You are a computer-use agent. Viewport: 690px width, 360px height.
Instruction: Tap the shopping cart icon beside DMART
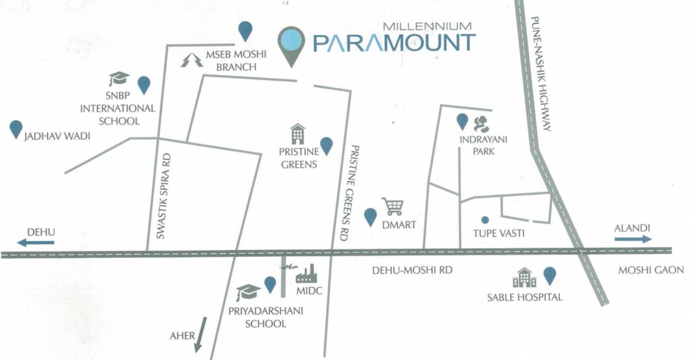[393, 207]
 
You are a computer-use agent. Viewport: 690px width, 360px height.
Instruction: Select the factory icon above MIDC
[306, 274]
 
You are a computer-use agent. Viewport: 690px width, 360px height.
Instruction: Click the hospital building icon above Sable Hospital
[524, 278]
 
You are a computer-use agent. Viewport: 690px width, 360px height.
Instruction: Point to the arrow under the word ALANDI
[633, 239]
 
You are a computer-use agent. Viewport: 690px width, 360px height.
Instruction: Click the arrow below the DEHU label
[36, 242]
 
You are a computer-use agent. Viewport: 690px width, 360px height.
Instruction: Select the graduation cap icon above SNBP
[119, 79]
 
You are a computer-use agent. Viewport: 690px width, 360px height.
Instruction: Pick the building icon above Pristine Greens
[298, 134]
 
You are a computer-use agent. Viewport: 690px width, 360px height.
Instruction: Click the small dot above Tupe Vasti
[484, 220]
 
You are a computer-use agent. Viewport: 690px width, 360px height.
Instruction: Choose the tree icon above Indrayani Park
[481, 123]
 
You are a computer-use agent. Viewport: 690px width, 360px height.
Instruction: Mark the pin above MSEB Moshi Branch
[245, 32]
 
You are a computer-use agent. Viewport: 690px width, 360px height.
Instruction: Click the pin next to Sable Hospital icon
[550, 276]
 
